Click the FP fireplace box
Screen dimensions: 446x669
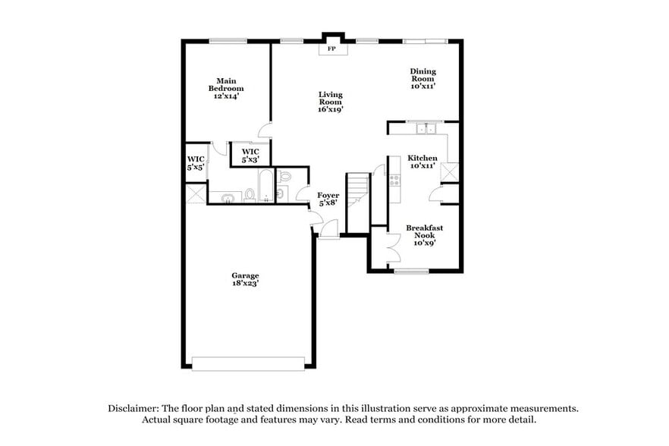(x=331, y=49)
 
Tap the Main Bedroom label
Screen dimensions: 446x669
(x=226, y=88)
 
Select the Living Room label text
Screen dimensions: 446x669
(x=330, y=102)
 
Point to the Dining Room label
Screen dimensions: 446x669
(x=423, y=79)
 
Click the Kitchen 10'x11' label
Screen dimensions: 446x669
(x=422, y=162)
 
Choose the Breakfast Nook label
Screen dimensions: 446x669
(x=424, y=234)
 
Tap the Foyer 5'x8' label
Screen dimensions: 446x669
(x=328, y=199)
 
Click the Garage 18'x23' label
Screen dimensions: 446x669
(x=245, y=279)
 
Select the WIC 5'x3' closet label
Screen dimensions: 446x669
(x=250, y=155)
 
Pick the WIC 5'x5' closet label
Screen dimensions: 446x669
(x=195, y=162)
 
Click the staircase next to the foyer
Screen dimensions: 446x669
(x=357, y=202)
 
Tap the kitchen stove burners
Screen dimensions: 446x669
(x=394, y=181)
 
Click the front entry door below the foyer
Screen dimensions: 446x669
(x=329, y=231)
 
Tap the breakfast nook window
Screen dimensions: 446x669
(x=411, y=271)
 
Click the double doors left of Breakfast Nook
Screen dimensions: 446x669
(x=391, y=247)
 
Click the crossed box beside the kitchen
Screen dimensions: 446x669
(x=450, y=172)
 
